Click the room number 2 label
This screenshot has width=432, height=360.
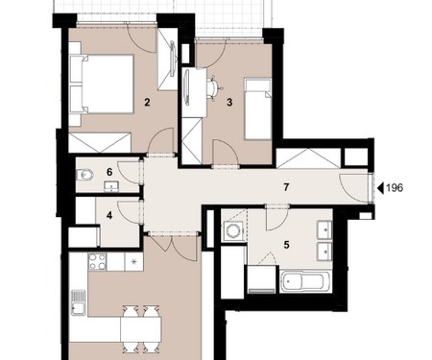pos(147,103)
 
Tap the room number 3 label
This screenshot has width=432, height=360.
pos(229,103)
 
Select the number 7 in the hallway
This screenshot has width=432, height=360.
pos(286,187)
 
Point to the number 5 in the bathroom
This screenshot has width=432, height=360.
pos(286,245)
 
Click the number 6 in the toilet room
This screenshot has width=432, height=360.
pos(109,172)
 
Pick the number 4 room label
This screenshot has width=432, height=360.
pos(109,215)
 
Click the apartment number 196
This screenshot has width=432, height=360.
pos(395,188)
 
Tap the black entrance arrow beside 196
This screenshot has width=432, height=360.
pos(380,188)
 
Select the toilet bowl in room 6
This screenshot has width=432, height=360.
pos(85,175)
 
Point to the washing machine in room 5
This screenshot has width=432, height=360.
pos(233,230)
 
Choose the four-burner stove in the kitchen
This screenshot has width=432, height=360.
pos(97,262)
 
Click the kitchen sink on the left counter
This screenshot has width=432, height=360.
pos(79,302)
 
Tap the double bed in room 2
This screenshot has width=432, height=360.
pos(102,84)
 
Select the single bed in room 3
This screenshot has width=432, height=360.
pos(258,108)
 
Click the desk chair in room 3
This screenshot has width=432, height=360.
pos(213,87)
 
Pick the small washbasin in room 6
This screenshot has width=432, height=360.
pos(111,186)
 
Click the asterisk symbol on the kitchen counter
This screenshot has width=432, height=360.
pos(134,261)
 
